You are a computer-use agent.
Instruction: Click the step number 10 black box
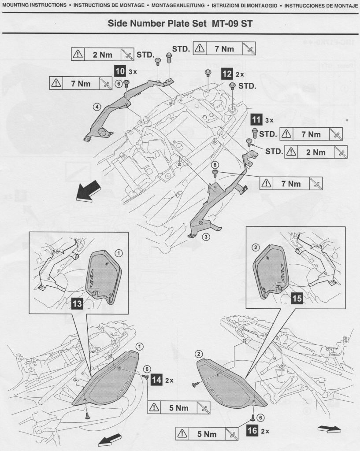(x=119, y=70)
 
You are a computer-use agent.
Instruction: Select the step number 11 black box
(x=256, y=119)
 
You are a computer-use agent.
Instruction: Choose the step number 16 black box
(x=252, y=430)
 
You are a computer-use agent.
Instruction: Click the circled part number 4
(x=96, y=106)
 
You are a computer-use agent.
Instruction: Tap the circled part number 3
(x=205, y=237)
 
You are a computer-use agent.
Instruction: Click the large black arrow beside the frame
(x=88, y=192)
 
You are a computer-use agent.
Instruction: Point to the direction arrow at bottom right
(x=329, y=429)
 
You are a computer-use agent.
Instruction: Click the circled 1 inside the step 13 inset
(x=119, y=253)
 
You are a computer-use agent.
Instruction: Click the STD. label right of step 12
(x=247, y=86)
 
